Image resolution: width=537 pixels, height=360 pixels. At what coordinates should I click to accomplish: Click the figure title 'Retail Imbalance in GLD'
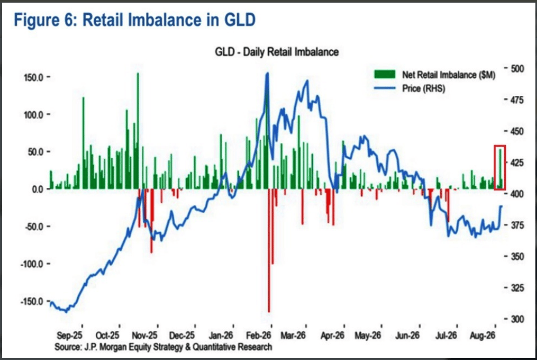169,20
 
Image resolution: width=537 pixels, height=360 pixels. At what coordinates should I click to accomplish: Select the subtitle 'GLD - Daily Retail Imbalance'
277,52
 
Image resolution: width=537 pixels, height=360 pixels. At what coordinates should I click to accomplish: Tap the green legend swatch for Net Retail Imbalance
385,74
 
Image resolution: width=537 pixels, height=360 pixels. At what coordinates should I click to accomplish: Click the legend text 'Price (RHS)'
424,88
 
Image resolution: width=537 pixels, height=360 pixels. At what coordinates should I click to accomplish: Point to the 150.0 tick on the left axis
33,77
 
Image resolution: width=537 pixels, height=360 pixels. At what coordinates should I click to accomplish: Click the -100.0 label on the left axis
32,264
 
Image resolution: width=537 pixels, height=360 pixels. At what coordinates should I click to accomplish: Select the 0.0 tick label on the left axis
38,189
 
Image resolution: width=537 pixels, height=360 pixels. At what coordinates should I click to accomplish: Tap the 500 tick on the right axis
517,69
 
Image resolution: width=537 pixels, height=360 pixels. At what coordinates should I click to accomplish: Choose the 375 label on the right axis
517,225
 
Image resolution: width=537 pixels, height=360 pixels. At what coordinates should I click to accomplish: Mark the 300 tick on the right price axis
517,319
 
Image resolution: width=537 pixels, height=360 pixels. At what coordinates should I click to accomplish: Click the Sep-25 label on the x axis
69,335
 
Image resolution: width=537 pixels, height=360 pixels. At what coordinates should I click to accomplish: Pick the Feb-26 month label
259,335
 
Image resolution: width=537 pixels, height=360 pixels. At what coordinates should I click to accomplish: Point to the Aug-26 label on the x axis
482,335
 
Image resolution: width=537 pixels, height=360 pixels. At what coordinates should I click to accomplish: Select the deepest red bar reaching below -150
269,250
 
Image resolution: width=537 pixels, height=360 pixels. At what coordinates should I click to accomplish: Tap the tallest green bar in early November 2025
138,131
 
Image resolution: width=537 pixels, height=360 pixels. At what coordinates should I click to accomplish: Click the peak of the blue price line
268,73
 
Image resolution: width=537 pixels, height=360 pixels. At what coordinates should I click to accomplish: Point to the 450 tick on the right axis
517,131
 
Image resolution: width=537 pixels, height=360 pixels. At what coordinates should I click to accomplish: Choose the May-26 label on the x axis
368,335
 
